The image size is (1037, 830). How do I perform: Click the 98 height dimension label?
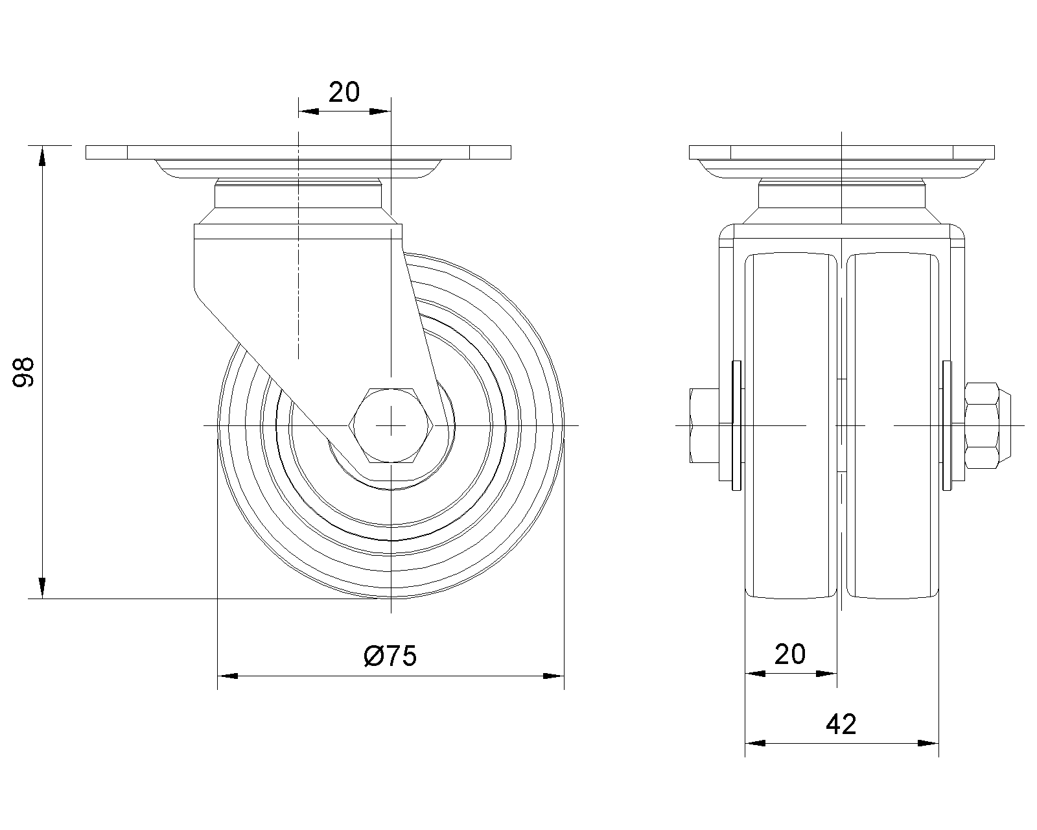(23, 372)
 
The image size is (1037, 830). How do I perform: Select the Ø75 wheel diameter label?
(390, 656)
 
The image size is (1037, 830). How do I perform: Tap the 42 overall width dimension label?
(841, 724)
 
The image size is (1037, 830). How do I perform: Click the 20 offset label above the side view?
(344, 92)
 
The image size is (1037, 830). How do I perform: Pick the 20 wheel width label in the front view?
(790, 654)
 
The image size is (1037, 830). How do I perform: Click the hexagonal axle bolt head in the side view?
(391, 425)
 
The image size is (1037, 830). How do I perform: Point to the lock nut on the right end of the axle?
(987, 425)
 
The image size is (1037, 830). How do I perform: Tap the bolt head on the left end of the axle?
(704, 425)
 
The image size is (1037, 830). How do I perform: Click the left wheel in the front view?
(791, 425)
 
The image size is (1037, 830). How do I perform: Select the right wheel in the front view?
(892, 425)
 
